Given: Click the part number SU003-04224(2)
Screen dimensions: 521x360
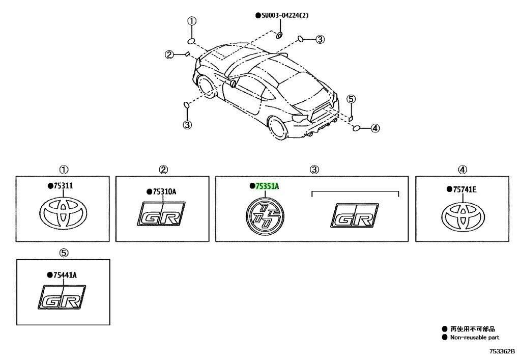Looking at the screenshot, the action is click(x=285, y=15).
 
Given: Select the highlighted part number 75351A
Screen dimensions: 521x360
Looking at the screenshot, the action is click(x=267, y=186).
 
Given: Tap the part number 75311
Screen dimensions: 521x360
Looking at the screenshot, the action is click(x=63, y=185).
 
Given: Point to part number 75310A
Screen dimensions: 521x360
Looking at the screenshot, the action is click(x=164, y=192).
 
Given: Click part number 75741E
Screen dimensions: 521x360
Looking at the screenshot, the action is click(x=465, y=189).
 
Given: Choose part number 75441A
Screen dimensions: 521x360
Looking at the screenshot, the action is click(x=65, y=275).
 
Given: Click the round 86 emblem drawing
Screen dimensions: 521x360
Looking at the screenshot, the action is click(x=265, y=215).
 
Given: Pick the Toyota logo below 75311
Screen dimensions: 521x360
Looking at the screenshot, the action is click(x=63, y=213).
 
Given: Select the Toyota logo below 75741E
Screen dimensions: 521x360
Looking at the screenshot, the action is click(x=463, y=217).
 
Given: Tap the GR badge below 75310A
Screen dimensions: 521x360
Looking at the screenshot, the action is click(x=161, y=214).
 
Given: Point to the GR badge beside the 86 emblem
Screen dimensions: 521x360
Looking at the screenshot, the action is click(x=355, y=215).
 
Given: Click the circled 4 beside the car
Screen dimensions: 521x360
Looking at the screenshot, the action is click(x=375, y=128).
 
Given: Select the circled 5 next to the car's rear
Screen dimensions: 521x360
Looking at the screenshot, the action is click(x=351, y=99).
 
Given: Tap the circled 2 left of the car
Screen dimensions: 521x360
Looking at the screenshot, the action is click(x=169, y=54).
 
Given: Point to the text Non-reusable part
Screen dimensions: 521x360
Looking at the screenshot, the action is click(x=475, y=338).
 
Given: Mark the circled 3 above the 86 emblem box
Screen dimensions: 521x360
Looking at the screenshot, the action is click(x=314, y=170).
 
